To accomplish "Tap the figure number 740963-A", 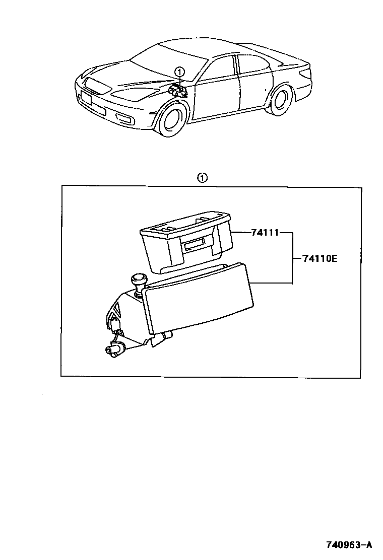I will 348,544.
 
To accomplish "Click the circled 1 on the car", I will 180,72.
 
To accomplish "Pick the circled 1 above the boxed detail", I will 202,177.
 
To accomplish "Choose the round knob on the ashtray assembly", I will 138,279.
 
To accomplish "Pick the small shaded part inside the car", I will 178,91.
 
